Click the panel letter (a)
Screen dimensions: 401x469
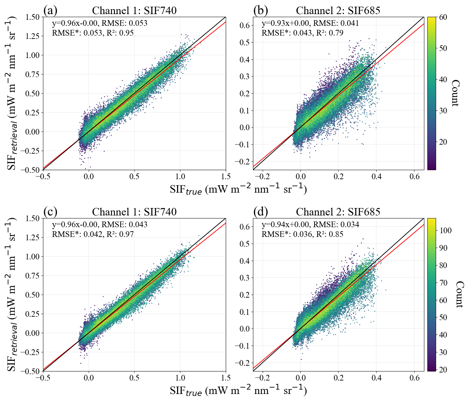(x=50, y=11)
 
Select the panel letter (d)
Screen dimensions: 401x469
(x=260, y=212)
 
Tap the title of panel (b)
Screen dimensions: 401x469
(x=338, y=11)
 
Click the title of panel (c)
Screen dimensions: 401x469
(x=134, y=212)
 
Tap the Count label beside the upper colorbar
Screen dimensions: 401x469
(x=455, y=93)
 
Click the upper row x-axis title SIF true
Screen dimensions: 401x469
(x=238, y=190)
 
